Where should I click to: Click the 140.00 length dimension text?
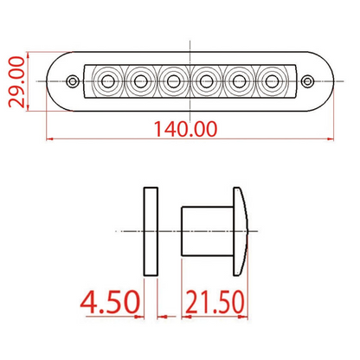[184, 128]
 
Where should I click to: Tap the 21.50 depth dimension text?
[212, 304]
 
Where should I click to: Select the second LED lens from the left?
[139, 81]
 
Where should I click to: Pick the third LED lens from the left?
[172, 81]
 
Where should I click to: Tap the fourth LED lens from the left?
[206, 81]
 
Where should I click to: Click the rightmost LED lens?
[272, 81]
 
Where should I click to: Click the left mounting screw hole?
[73, 81]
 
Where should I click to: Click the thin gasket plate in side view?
[151, 231]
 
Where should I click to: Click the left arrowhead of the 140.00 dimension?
[48, 138]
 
